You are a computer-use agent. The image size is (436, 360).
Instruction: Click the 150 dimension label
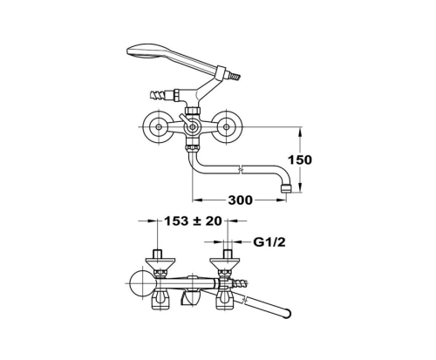pyautogui.click(x=300, y=160)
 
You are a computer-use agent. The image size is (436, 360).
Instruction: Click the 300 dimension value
pyautogui.click(x=241, y=200)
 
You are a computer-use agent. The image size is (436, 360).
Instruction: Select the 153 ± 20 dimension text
pyautogui.click(x=193, y=221)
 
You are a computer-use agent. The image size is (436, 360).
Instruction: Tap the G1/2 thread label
pyautogui.click(x=269, y=241)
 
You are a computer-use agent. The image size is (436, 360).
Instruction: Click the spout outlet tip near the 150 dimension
pyautogui.click(x=286, y=187)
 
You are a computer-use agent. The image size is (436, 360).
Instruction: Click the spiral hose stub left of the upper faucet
pyautogui.click(x=158, y=94)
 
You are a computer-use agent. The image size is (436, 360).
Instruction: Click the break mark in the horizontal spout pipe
pyautogui.click(x=241, y=169)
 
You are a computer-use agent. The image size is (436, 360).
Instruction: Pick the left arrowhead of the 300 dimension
pyautogui.click(x=198, y=200)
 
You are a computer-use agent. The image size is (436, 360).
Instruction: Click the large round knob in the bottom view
pyautogui.click(x=142, y=283)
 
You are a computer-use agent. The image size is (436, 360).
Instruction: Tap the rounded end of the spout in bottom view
pyautogui.click(x=286, y=313)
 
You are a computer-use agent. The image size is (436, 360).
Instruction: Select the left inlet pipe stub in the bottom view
pyautogui.click(x=157, y=254)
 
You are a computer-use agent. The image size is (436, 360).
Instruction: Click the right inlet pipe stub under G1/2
pyautogui.click(x=228, y=254)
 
